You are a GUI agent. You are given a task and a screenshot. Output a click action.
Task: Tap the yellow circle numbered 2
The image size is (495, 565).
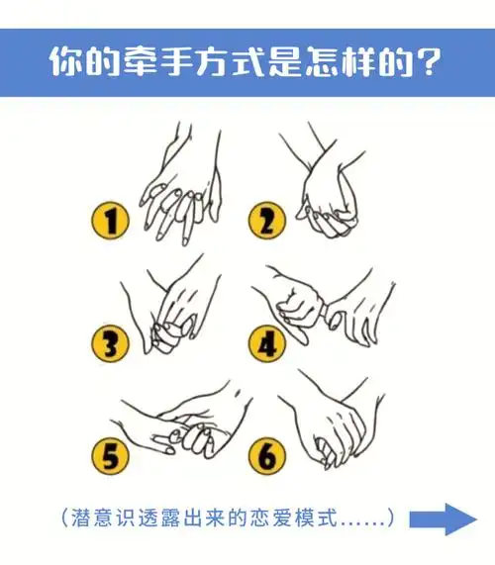[265, 220]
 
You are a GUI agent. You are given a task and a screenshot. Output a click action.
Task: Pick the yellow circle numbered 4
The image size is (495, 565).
[266, 343]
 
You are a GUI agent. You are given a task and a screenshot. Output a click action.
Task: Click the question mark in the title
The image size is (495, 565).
[428, 62]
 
